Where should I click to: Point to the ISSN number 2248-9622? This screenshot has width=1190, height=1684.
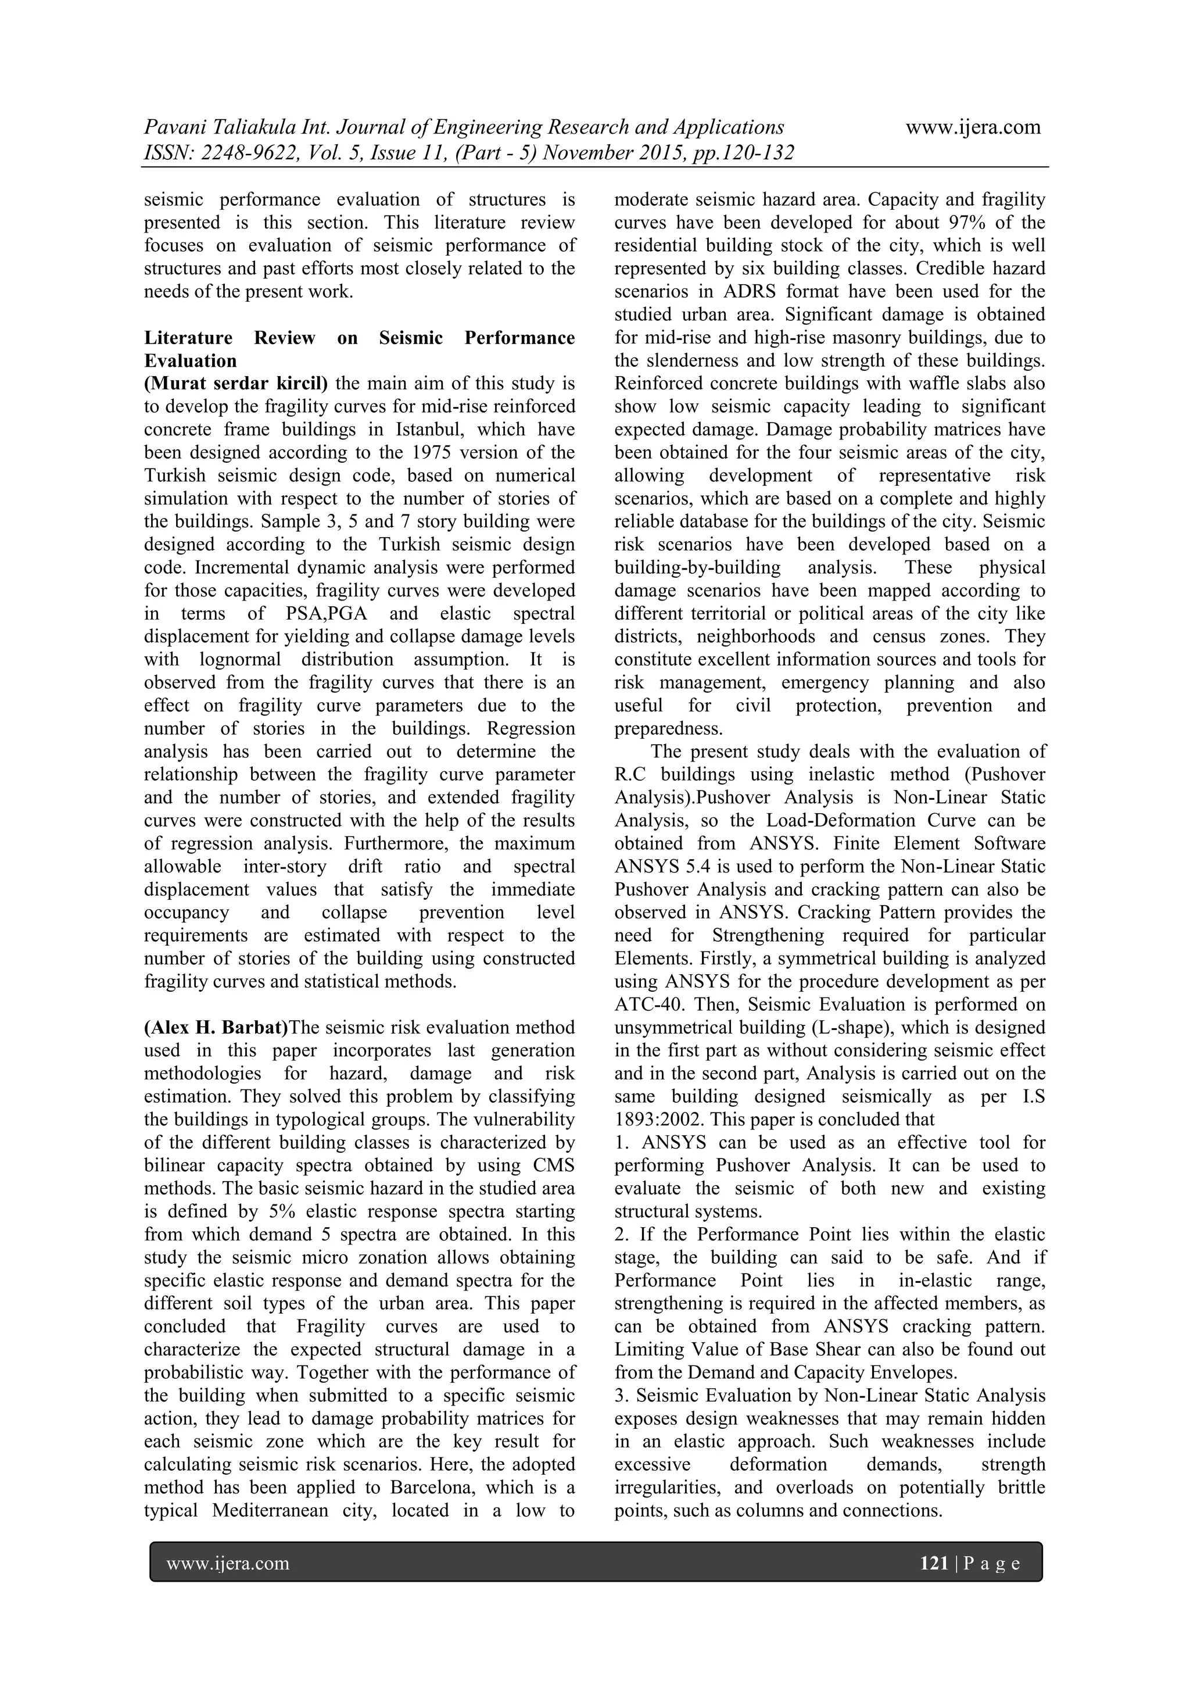pyautogui.click(x=227, y=153)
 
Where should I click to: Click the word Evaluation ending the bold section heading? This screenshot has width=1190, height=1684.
pyautogui.click(x=190, y=361)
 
